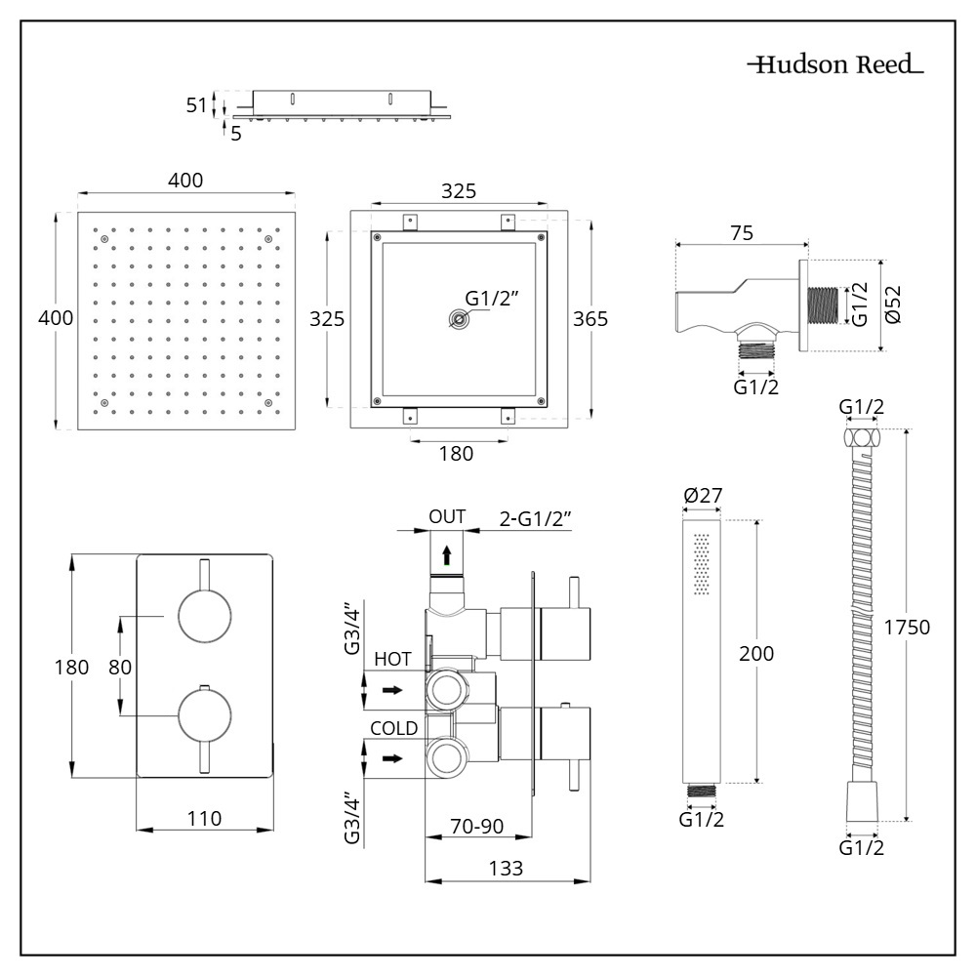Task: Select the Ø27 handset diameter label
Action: point(703,496)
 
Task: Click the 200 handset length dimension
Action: point(756,654)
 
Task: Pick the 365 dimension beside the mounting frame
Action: point(590,319)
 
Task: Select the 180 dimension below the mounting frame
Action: point(456,453)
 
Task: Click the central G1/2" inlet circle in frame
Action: point(456,319)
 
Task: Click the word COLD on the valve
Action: point(394,728)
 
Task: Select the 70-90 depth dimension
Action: point(477,826)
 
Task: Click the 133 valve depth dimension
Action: point(505,868)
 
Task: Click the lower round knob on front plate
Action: point(205,717)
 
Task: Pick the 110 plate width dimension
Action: point(204,818)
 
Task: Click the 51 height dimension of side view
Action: point(197,105)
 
